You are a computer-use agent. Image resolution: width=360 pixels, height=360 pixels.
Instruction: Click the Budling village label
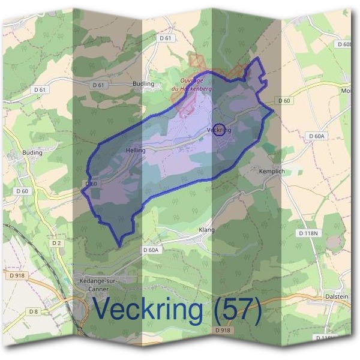(143, 84)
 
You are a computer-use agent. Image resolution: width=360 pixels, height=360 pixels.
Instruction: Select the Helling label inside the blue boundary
(136, 150)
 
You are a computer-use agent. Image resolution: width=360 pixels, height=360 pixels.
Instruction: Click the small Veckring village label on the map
(220, 130)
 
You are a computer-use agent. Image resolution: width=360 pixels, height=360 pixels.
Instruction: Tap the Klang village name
(206, 230)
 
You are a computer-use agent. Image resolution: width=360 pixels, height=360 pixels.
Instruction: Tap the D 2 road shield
(57, 242)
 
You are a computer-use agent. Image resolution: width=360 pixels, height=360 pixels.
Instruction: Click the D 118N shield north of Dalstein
(308, 232)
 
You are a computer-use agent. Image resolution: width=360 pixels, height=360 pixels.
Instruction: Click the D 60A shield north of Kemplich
(316, 137)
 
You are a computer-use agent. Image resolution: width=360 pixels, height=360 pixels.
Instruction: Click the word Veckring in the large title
(148, 311)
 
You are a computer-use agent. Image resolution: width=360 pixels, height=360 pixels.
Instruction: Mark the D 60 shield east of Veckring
(284, 100)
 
